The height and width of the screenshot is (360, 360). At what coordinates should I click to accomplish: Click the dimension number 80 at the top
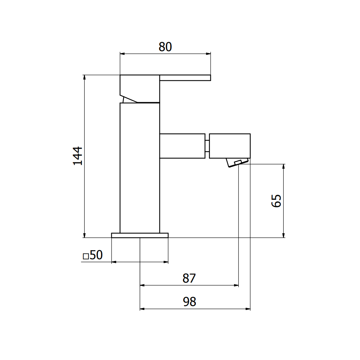point(165,47)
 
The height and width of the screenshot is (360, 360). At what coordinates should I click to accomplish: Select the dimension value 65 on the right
point(276,201)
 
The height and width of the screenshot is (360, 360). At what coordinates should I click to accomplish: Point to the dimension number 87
point(189,278)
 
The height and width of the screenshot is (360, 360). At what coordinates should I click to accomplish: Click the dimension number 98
point(190,302)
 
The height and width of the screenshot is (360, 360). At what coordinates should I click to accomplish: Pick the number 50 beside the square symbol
point(96,255)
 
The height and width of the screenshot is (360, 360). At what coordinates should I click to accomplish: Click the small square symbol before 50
point(86,256)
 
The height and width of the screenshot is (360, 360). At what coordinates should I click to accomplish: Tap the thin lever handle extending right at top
point(185,78)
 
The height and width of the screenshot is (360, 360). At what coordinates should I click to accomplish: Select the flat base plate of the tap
point(140,235)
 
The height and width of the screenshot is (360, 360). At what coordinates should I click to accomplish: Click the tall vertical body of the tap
point(140,168)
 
